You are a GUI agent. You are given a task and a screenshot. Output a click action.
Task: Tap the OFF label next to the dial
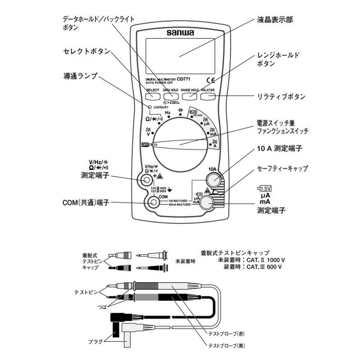(145, 145)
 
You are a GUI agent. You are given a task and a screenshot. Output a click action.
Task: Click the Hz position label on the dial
(167, 112)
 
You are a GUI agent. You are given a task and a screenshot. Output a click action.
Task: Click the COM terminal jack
(154, 203)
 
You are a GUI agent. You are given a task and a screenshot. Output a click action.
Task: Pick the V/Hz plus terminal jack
(146, 180)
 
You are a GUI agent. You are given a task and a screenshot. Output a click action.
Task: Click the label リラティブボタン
(281, 96)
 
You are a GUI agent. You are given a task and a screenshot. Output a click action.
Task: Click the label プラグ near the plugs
(96, 341)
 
